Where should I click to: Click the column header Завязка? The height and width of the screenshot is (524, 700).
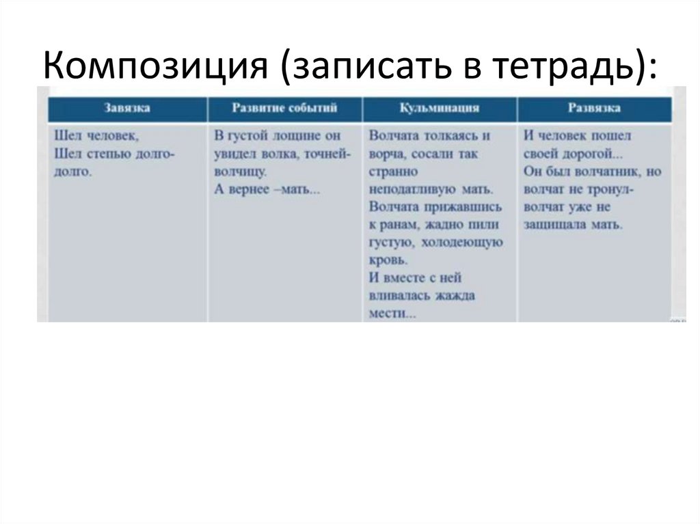point(127,108)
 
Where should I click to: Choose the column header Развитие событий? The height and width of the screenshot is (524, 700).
point(284,108)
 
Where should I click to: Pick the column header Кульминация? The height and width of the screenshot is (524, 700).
point(439,108)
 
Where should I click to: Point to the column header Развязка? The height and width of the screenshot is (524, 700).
point(594,108)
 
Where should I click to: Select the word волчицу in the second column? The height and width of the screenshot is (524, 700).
point(240,171)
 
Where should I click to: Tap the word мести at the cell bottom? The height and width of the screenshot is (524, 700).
point(388,314)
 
